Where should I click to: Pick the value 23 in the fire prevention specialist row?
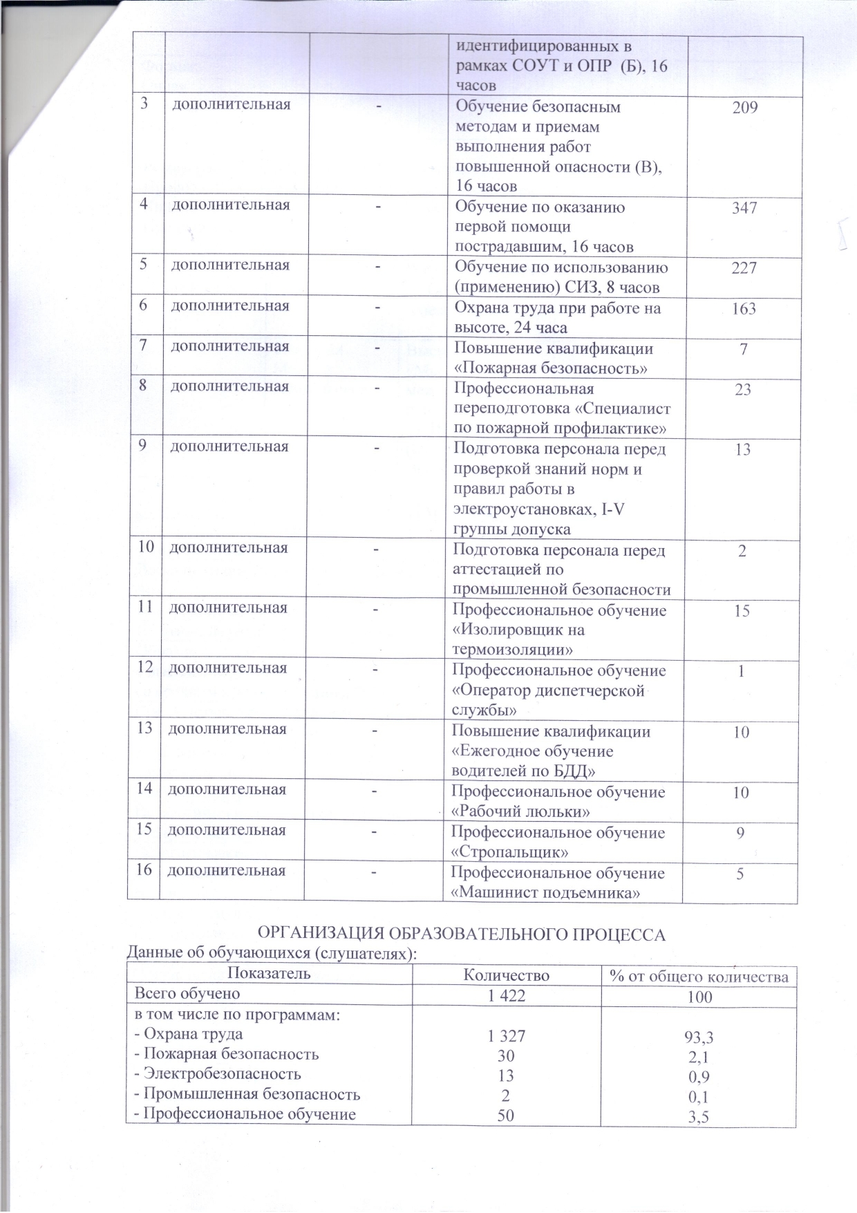click(743, 389)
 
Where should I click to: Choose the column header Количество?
click(506, 975)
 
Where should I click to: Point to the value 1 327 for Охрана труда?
click(507, 1035)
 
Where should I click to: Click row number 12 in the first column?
click(144, 668)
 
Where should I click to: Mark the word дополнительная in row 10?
click(228, 547)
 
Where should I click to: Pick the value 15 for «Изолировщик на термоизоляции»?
click(742, 611)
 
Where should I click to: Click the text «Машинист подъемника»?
click(544, 892)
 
